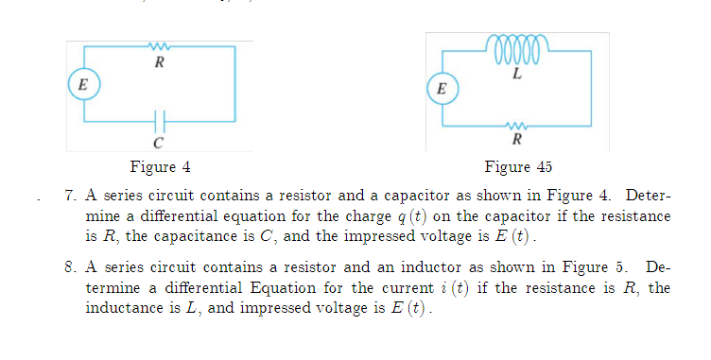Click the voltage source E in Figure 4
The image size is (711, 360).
click(83, 83)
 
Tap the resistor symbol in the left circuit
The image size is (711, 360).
click(158, 44)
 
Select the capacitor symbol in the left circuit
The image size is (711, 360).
click(159, 121)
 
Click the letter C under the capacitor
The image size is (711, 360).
click(158, 144)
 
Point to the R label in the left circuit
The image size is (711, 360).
click(158, 64)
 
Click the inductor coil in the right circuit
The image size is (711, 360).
click(515, 44)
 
